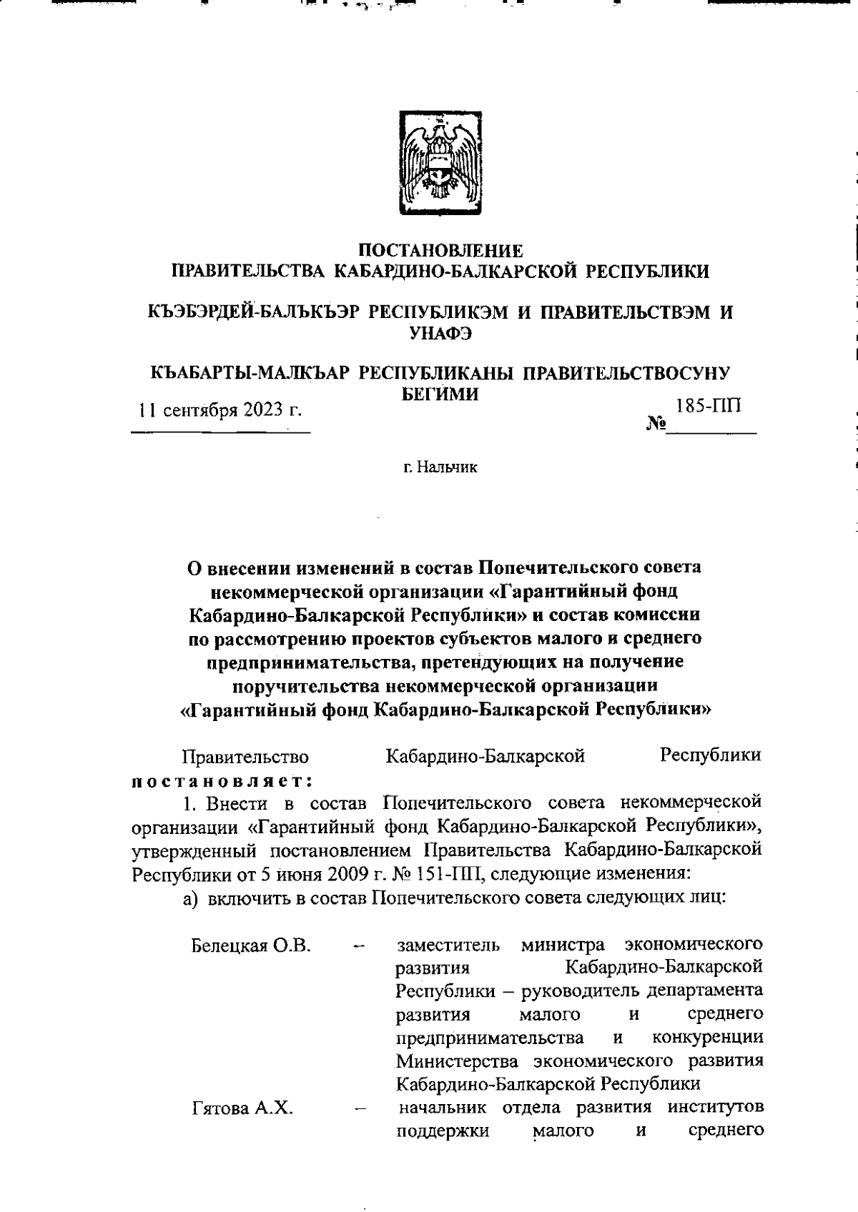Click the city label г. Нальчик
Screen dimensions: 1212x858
[440, 468]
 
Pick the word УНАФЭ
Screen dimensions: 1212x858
[440, 333]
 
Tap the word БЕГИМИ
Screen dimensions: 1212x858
[438, 393]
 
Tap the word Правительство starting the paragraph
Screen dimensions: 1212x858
[246, 756]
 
